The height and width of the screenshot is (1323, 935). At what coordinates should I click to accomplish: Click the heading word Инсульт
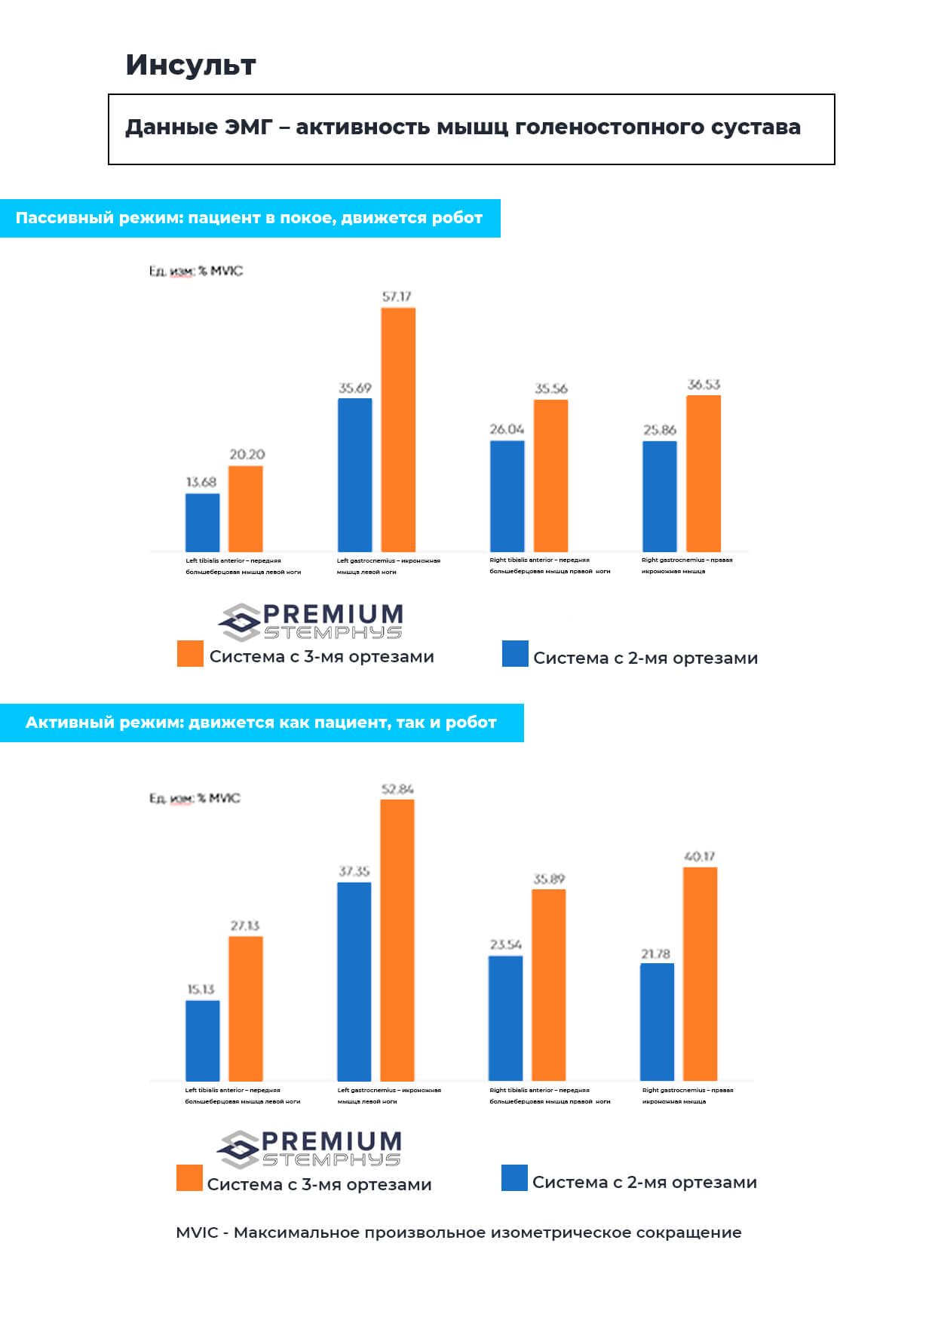pyautogui.click(x=191, y=66)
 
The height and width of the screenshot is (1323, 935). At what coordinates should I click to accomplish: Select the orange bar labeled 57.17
pyautogui.click(x=398, y=429)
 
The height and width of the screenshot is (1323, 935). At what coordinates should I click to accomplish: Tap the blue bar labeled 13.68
pyautogui.click(x=202, y=522)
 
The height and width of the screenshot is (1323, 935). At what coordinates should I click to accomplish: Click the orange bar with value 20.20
pyautogui.click(x=246, y=508)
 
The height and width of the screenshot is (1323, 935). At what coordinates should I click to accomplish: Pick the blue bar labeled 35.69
pyautogui.click(x=354, y=474)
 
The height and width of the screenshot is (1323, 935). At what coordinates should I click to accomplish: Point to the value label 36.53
pyautogui.click(x=704, y=385)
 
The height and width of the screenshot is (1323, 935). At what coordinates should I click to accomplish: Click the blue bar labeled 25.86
pyautogui.click(x=659, y=496)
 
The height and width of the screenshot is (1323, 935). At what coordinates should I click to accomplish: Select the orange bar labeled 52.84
pyautogui.click(x=397, y=939)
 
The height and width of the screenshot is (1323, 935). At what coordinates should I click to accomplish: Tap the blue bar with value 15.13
pyautogui.click(x=202, y=1040)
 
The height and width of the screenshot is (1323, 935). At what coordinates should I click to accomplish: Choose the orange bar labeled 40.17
pyautogui.click(x=700, y=973)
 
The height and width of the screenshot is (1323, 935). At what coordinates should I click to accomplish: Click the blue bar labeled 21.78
pyautogui.click(x=657, y=1021)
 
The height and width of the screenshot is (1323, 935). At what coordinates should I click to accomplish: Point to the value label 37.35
pyautogui.click(x=354, y=871)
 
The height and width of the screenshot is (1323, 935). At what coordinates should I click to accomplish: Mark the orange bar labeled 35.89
pyautogui.click(x=548, y=984)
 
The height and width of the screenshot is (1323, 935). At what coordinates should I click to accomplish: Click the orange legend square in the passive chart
pyautogui.click(x=190, y=654)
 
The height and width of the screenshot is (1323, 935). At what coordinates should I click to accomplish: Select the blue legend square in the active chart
pyautogui.click(x=514, y=1178)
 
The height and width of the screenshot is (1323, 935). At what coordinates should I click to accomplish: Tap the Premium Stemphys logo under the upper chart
pyautogui.click(x=311, y=622)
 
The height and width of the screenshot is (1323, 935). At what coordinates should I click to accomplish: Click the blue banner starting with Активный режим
pyautogui.click(x=261, y=723)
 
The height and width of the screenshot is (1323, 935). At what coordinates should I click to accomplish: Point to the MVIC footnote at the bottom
pyautogui.click(x=458, y=1232)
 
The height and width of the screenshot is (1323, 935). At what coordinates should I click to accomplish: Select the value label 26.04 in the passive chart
pyautogui.click(x=507, y=429)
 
